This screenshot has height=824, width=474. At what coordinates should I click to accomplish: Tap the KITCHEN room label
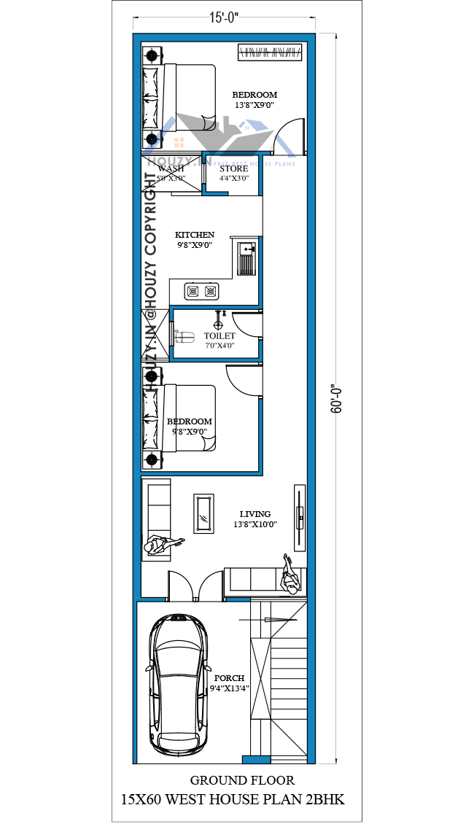pos(195,235)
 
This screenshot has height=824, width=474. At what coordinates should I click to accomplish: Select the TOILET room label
pos(219,336)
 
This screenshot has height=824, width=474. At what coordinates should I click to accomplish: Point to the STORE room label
pos(234,168)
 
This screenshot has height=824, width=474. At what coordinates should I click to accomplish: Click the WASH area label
pos(171,168)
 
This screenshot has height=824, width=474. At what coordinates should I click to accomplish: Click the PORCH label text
pos(230,677)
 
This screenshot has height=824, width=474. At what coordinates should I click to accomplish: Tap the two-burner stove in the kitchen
pos(202,291)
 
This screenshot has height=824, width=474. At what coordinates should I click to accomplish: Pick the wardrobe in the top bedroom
pos(269,52)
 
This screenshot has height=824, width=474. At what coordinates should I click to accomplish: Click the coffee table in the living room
pos(203,513)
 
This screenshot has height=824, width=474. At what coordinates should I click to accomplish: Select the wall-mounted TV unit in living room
pos(299,518)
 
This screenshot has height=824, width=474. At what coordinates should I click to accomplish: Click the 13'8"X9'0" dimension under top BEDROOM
pos(255,105)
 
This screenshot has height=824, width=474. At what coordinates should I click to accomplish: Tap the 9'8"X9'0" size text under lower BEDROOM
pos(189,432)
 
